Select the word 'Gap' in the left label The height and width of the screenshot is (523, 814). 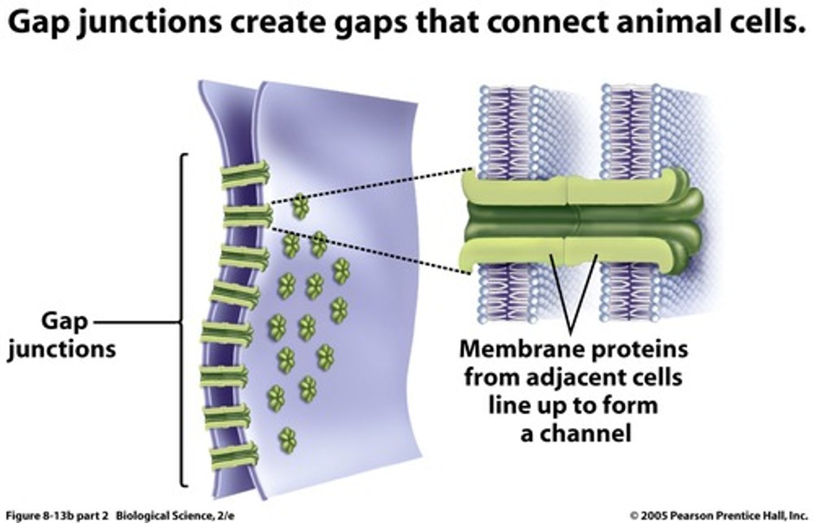[64, 321]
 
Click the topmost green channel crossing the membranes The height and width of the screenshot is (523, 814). [245, 175]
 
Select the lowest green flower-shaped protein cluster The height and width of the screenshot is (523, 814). [288, 439]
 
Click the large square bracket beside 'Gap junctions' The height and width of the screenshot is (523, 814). [182, 320]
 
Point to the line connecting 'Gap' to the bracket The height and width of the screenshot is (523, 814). [136, 323]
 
